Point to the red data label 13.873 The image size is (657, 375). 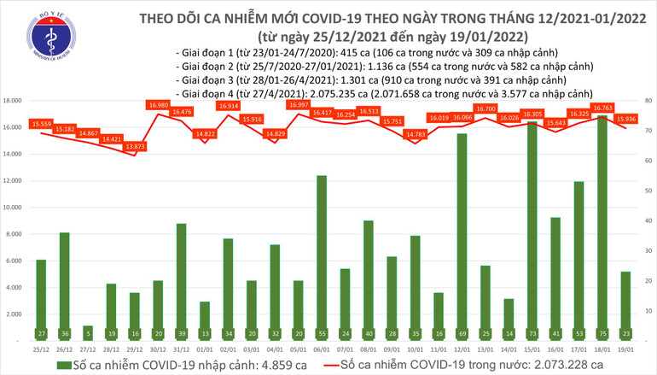click(x=134, y=147)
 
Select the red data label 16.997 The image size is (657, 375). click(x=298, y=104)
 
